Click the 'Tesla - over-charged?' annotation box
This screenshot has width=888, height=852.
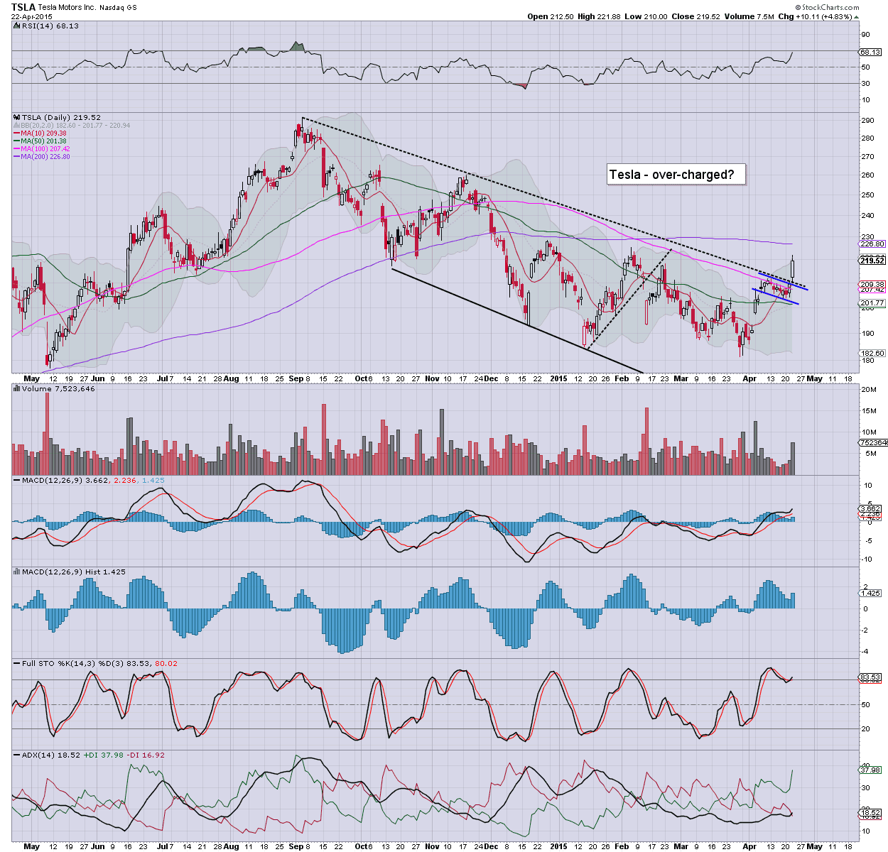(x=676, y=174)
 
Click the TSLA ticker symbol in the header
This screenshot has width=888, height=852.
(x=24, y=6)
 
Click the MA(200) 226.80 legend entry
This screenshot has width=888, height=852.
(x=45, y=156)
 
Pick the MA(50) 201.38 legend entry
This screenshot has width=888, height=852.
(x=43, y=141)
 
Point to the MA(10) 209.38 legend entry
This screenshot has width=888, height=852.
(x=43, y=133)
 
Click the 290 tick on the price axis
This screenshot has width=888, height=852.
(x=867, y=121)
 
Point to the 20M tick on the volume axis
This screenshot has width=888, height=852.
(x=868, y=389)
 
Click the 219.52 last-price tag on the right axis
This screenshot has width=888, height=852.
(x=872, y=261)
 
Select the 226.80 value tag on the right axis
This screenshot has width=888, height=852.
(x=872, y=244)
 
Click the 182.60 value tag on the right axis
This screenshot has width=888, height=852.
(x=872, y=353)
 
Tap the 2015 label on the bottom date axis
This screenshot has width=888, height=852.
(x=559, y=378)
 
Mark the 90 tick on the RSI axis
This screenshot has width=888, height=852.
(x=865, y=34)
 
